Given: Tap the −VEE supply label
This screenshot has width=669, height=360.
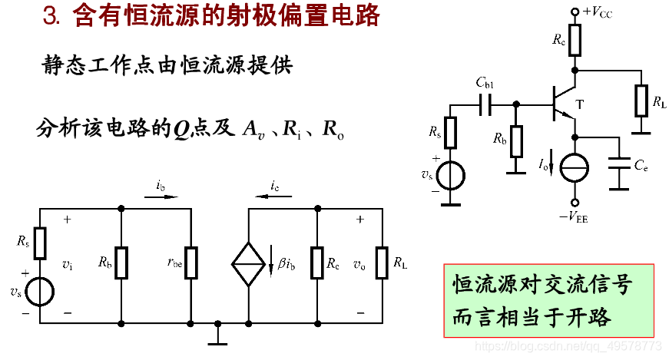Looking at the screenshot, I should click(573, 218).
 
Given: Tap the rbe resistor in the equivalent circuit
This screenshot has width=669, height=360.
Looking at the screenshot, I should click(191, 262).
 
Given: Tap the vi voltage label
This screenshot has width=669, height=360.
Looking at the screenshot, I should click(68, 264).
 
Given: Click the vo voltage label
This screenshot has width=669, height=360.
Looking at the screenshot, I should click(359, 264).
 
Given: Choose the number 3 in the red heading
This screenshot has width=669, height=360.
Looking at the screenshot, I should click(50, 17).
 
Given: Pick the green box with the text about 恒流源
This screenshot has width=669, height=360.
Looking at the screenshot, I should click(548, 300).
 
